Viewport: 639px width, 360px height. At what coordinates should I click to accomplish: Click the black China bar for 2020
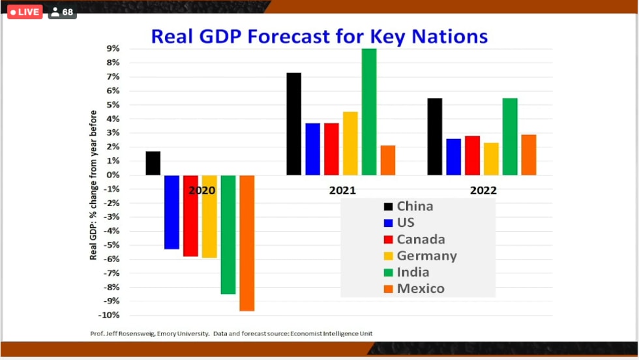(x=153, y=163)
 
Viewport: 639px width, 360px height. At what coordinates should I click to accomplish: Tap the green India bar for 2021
(x=369, y=112)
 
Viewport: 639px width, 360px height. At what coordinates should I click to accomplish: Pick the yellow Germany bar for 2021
(x=350, y=143)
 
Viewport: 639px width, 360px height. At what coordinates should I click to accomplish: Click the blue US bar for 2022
(x=453, y=157)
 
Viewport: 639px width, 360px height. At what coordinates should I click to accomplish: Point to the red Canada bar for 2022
(x=472, y=155)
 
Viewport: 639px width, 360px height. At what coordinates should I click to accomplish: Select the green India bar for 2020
(x=228, y=234)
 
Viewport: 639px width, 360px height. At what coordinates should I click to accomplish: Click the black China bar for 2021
(x=294, y=124)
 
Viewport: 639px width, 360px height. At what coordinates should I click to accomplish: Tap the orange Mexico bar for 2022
(x=529, y=155)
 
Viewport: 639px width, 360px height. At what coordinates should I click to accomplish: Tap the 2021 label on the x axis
(x=342, y=190)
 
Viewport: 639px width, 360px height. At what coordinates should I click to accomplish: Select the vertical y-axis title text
(x=93, y=185)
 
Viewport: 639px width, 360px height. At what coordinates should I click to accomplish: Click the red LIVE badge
(x=25, y=12)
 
